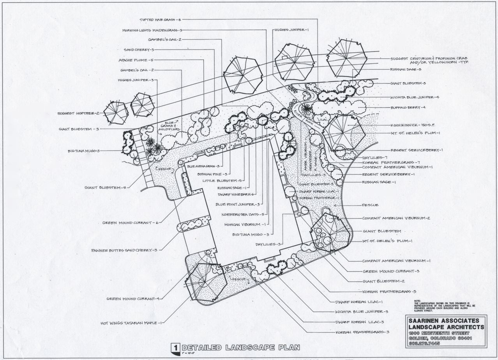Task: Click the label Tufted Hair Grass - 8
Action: [x=160, y=19]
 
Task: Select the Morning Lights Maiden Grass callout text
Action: [x=152, y=30]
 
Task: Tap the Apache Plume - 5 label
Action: [x=136, y=60]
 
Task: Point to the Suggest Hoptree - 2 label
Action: [x=78, y=113]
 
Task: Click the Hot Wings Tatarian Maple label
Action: [x=131, y=323]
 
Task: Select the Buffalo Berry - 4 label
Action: [x=408, y=108]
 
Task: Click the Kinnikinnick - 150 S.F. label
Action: [x=414, y=126]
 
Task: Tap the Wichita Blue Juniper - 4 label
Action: [x=415, y=97]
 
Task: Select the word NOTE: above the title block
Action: [x=418, y=300]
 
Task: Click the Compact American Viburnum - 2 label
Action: [x=396, y=218]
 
